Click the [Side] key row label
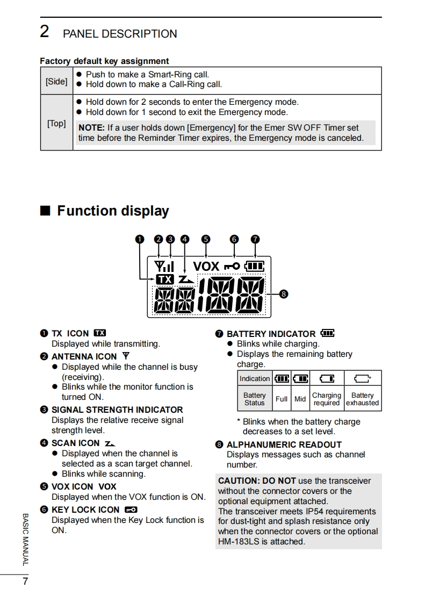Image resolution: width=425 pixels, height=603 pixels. pos(56,82)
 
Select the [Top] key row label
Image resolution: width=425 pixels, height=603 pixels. pos(56,124)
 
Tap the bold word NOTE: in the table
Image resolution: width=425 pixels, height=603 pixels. pos(92,128)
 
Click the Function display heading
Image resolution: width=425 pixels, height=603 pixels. pos(113,211)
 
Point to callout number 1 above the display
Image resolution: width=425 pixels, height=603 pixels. pos(140,239)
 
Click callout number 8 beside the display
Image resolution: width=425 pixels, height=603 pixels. pos(284,294)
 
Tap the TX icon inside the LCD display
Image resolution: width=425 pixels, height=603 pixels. pos(165,279)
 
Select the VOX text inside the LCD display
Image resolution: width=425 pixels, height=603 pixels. pos(206,266)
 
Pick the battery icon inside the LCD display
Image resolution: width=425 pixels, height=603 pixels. pos(255,266)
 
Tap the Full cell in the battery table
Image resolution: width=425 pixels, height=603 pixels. pos(282,399)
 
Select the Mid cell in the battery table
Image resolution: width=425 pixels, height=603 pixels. pos(300,399)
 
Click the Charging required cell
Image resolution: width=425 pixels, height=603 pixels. pos(326,399)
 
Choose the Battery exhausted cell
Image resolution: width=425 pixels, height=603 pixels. pos(362,399)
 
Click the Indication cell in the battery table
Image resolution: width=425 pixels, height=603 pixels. pos(255,379)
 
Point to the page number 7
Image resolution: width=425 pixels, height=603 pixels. pos(25,582)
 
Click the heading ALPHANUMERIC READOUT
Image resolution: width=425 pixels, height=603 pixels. pos(284,444)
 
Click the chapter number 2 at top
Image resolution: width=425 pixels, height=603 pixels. pos(45,32)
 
